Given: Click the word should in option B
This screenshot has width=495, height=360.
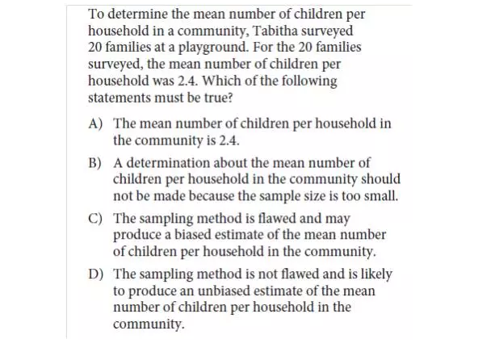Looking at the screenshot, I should [x=380, y=178].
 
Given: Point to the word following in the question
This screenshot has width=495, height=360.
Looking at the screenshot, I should [x=313, y=82].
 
